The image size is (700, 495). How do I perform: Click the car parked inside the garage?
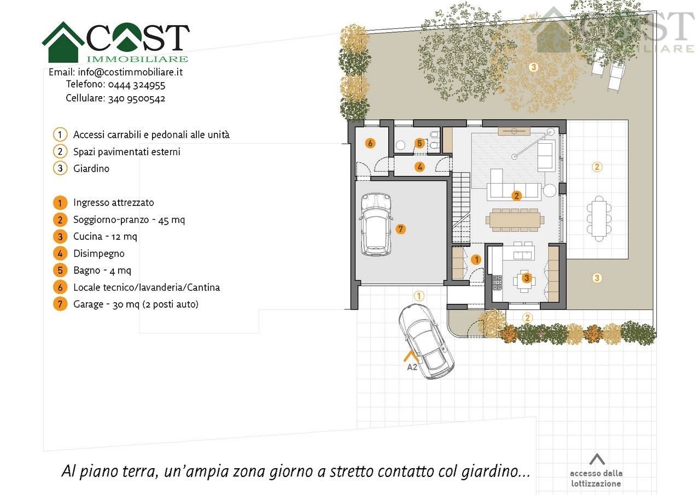[376, 224]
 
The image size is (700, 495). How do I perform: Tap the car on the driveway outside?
[426, 341]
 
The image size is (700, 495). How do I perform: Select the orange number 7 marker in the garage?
[401, 229]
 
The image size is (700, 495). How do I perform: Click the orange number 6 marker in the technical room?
[370, 143]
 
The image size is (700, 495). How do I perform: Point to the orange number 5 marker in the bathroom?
[419, 143]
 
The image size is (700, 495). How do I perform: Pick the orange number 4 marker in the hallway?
[419, 167]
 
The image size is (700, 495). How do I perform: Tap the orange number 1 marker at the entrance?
[476, 260]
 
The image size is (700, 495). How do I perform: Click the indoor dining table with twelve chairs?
[515, 220]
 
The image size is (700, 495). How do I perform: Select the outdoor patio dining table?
[599, 219]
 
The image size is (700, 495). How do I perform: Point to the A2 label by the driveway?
[412, 367]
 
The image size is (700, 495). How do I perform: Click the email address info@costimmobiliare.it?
[130, 72]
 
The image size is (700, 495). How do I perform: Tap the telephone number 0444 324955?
[137, 85]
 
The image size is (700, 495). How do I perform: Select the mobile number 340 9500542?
[137, 99]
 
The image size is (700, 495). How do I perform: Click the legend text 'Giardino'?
[91, 168]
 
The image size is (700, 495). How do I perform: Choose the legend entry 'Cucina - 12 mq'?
[105, 237]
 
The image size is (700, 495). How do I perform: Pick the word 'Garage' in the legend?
[88, 304]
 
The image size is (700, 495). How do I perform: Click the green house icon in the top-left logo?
[63, 42]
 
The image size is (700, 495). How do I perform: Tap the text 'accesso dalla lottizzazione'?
[596, 479]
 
